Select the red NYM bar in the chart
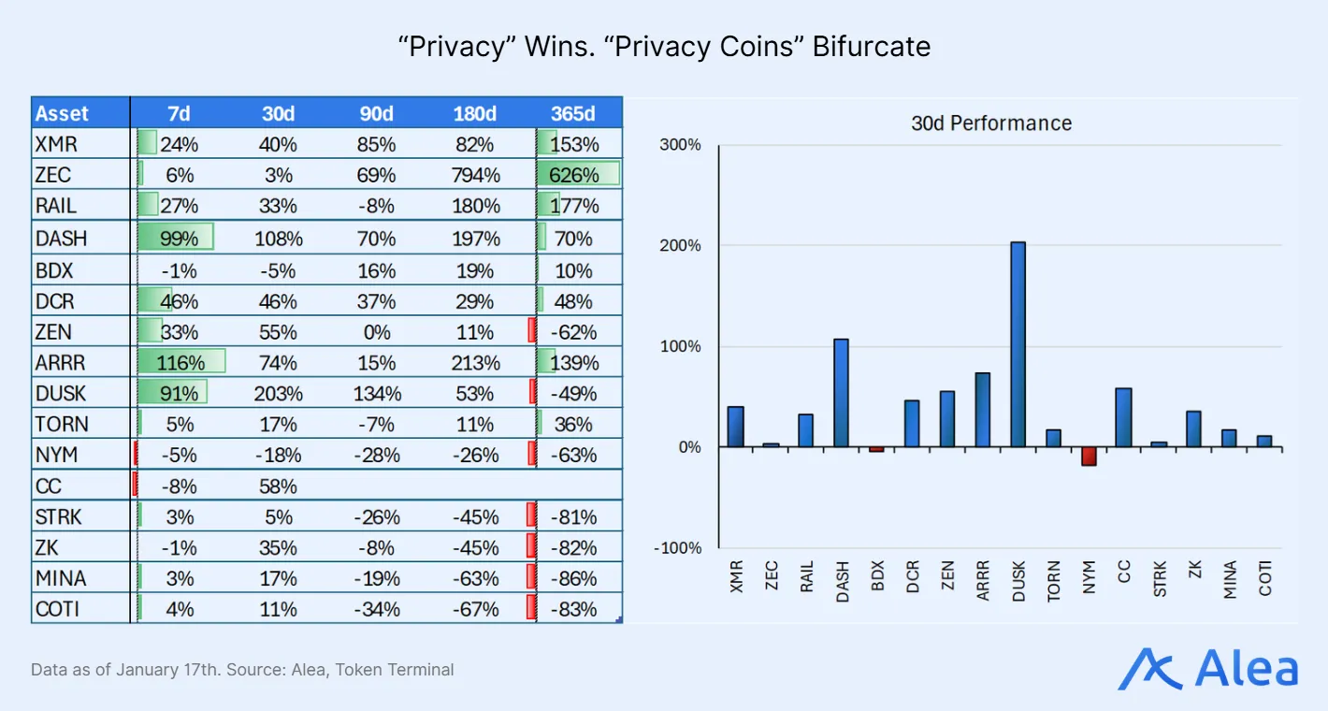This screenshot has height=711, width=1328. pyautogui.click(x=1089, y=456)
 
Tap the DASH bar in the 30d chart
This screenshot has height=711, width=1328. pyautogui.click(x=841, y=393)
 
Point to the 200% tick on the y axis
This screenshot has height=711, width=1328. pyautogui.click(x=682, y=246)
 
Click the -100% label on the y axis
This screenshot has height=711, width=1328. pyautogui.click(x=678, y=548)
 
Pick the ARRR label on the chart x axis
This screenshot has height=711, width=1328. pyautogui.click(x=983, y=580)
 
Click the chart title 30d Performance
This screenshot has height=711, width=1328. pyautogui.click(x=991, y=123)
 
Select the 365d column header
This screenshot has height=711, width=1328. pyautogui.click(x=573, y=113)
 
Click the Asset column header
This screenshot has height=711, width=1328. pyautogui.click(x=62, y=113)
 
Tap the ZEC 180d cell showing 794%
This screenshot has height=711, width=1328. pyautogui.click(x=474, y=175)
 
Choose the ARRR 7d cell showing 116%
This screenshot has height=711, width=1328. pyautogui.click(x=180, y=362)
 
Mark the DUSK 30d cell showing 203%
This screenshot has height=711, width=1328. pyautogui.click(x=278, y=393)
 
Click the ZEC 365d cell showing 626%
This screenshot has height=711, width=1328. pyautogui.click(x=573, y=175)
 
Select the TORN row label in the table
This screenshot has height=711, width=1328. pyautogui.click(x=62, y=424)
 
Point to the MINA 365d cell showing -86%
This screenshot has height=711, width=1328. pyautogui.click(x=573, y=578)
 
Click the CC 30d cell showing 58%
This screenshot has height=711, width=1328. pyautogui.click(x=278, y=486)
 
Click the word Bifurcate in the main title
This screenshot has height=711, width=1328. pyautogui.click(x=871, y=47)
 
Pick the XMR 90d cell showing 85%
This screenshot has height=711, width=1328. pyautogui.click(x=377, y=144)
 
